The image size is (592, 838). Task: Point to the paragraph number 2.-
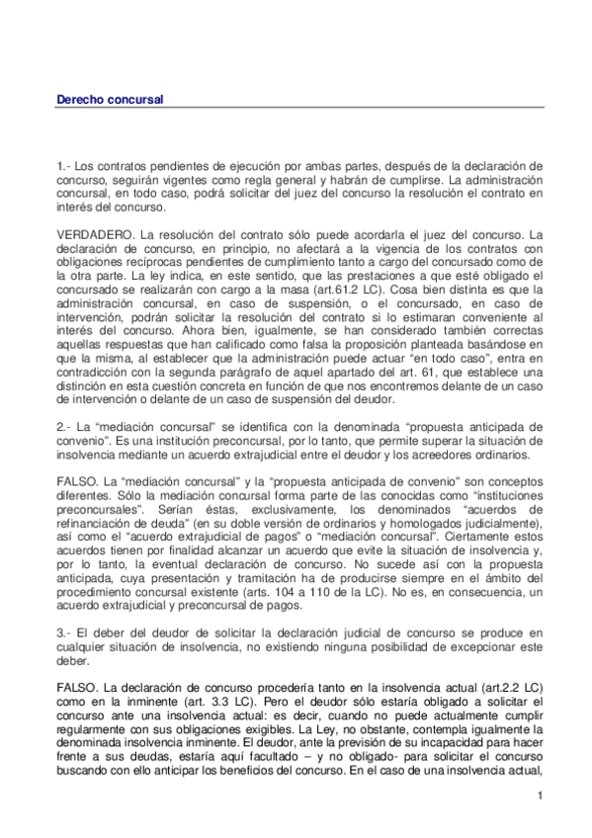[x=64, y=425]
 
